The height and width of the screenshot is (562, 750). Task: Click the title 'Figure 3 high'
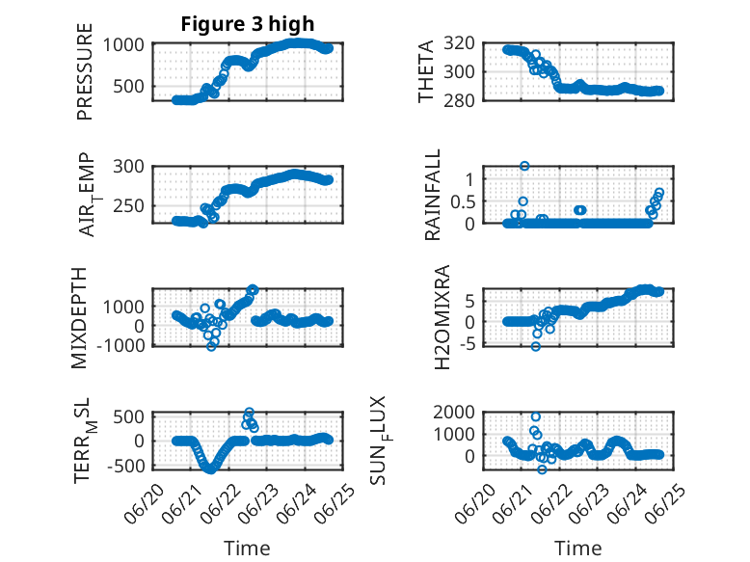[248, 24]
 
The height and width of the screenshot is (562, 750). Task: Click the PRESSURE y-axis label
[84, 71]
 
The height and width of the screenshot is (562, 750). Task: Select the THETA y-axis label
[425, 71]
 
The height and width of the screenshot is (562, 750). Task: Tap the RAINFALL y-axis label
[432, 195]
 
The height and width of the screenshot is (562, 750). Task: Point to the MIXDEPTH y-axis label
[79, 318]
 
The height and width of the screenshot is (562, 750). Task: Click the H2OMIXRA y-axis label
[442, 317]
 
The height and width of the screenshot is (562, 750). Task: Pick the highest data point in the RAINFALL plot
[524, 166]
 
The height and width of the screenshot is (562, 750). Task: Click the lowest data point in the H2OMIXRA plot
[536, 346]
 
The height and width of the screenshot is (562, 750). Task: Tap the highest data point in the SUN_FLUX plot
[536, 417]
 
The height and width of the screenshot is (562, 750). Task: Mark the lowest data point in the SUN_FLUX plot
[542, 469]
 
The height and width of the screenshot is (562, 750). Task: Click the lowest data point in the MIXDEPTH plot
[211, 346]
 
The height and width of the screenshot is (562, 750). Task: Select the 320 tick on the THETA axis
[459, 43]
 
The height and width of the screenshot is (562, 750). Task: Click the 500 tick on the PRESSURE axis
[128, 87]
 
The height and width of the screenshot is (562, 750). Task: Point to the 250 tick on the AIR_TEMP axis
[128, 206]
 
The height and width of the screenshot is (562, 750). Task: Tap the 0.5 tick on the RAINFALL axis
[463, 201]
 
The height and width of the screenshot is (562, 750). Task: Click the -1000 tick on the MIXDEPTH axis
[121, 345]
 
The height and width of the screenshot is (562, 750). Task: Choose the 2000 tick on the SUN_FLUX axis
[454, 412]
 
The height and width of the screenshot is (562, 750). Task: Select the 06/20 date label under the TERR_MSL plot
[144, 503]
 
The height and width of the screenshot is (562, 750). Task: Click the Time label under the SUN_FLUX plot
[577, 549]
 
